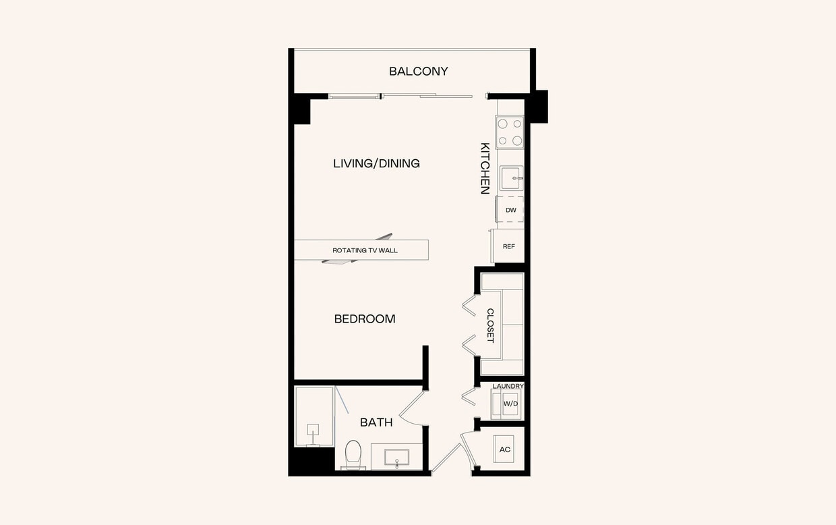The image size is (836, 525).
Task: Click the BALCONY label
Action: point(418,72)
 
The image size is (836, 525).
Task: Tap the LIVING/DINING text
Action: point(376,163)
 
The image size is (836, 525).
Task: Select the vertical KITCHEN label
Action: point(484,168)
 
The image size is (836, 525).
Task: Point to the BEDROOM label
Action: point(365,319)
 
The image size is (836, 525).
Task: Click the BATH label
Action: point(376,422)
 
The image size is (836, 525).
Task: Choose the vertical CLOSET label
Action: point(490,325)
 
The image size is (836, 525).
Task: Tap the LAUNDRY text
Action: point(508,386)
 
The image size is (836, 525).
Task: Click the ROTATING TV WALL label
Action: point(365,250)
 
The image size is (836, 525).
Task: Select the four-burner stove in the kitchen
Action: point(510,132)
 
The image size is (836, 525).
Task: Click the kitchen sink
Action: point(511,178)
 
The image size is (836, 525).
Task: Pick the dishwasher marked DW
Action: point(510,210)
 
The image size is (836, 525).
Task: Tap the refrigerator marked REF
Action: point(508,246)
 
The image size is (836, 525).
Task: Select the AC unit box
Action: point(505,449)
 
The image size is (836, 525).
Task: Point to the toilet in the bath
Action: point(353,454)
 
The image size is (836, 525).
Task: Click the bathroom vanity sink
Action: point(396,458)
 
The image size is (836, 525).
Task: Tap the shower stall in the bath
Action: point(314,416)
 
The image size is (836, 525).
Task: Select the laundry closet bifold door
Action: point(469,396)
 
